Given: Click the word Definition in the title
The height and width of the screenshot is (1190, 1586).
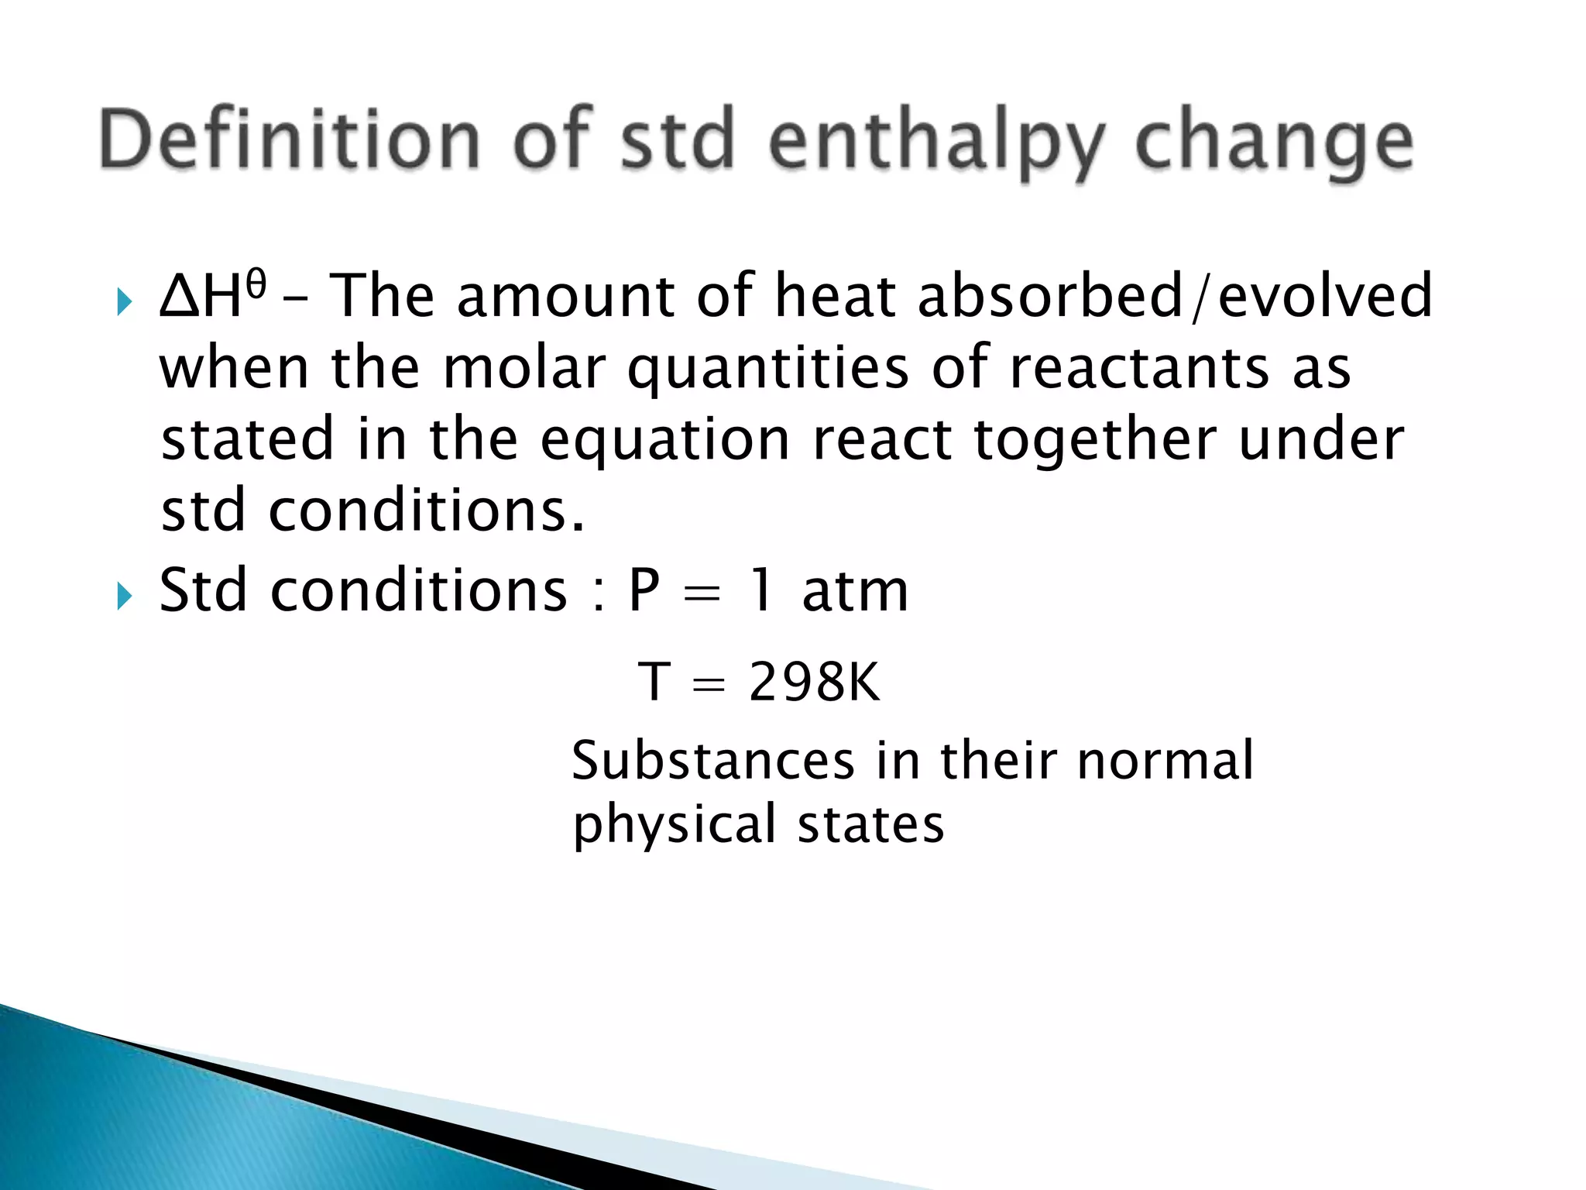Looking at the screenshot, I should click(290, 141).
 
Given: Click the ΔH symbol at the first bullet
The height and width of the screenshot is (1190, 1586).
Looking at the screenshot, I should click(200, 297).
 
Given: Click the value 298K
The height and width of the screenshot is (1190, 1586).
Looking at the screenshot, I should click(815, 683).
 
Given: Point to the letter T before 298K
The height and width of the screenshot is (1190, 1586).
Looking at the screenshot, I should click(654, 683).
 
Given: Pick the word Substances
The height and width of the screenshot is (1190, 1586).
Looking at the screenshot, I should click(712, 761).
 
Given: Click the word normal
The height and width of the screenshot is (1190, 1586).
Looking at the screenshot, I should click(1165, 761).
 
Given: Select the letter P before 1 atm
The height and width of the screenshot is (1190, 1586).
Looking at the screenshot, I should click(644, 591).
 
